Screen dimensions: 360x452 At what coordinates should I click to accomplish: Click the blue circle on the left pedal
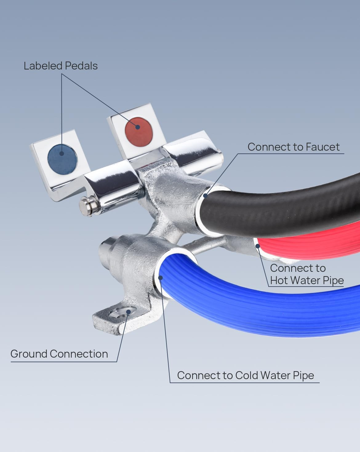click(62, 159)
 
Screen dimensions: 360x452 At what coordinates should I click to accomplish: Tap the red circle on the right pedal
click(139, 131)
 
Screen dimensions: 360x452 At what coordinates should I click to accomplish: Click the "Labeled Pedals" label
click(61, 66)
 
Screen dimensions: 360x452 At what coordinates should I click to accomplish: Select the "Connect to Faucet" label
click(294, 147)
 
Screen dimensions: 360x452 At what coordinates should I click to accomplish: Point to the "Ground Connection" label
click(59, 354)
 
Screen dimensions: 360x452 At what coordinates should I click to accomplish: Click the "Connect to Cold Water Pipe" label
click(246, 375)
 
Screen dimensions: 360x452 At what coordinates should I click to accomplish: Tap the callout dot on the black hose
click(206, 196)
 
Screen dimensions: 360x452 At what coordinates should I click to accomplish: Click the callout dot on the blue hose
click(160, 278)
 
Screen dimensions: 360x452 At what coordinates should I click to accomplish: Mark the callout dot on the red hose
click(258, 246)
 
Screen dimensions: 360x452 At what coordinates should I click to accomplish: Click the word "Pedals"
click(81, 66)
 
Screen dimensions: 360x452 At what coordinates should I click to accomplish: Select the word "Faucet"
click(322, 147)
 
